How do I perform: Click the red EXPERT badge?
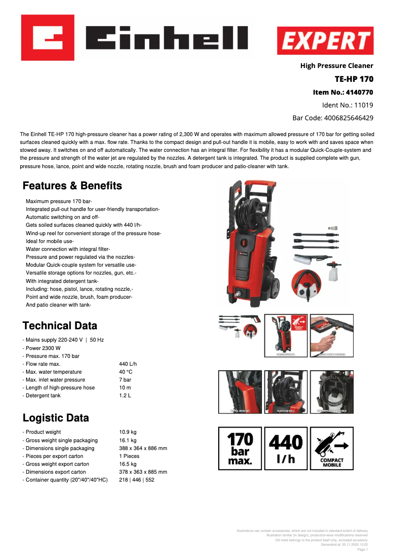(x=325, y=40)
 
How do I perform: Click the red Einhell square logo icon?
(x=48, y=37)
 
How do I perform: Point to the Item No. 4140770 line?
(x=343, y=92)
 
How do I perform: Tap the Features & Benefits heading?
(x=72, y=186)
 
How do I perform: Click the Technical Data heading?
(x=60, y=326)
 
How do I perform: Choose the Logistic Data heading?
(x=56, y=418)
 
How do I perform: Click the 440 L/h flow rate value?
(x=128, y=364)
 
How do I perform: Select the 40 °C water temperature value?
(x=126, y=372)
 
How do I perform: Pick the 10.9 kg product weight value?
(x=128, y=432)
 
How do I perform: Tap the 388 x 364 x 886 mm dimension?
(x=143, y=448)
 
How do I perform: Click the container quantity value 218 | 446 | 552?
(x=136, y=480)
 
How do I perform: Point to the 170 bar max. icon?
(x=240, y=448)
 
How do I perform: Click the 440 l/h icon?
(x=286, y=448)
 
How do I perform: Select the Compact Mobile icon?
(x=332, y=448)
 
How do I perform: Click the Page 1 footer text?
(x=362, y=549)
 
